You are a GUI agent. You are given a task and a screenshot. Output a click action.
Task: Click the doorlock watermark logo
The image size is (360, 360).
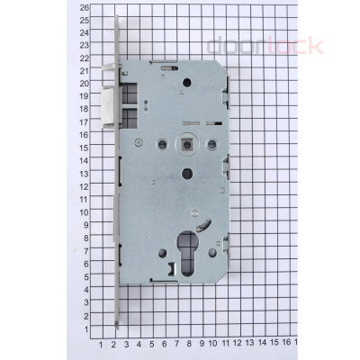[x=265, y=45]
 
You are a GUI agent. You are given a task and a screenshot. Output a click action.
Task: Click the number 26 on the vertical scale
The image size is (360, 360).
[x=84, y=7]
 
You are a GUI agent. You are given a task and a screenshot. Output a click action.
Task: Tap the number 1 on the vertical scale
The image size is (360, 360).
[x=86, y=329]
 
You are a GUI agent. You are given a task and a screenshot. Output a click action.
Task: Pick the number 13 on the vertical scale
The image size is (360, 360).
[x=84, y=175]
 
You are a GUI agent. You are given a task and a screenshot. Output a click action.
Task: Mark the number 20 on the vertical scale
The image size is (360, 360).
[x=84, y=84]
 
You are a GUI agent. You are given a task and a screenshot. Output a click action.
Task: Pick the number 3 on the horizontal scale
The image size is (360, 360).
[x=126, y=343]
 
